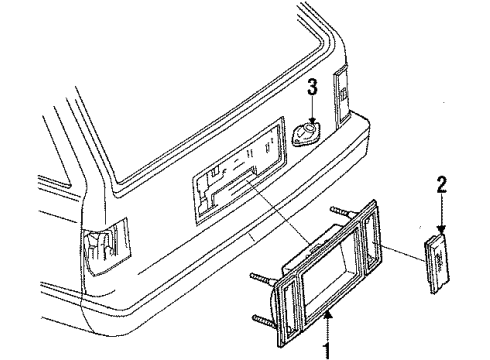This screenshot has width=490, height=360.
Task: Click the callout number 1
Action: (324, 350)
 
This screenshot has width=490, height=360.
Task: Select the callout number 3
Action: (312, 89)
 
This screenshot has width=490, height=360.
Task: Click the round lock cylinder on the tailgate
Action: (306, 133)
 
